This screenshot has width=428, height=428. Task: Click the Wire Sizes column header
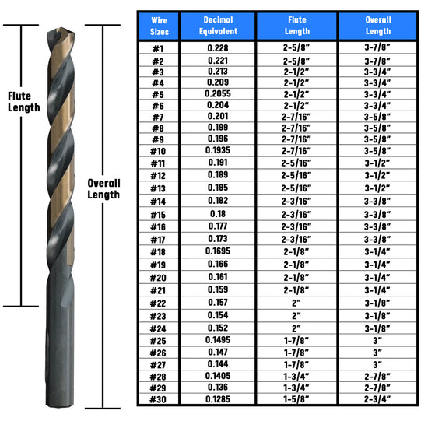click(159, 26)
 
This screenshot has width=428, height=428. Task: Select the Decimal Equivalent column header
click(218, 26)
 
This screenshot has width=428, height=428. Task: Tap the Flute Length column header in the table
click(297, 26)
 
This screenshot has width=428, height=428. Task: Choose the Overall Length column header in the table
click(378, 26)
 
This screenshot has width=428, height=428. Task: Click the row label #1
click(158, 49)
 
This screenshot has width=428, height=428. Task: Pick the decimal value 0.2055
click(218, 94)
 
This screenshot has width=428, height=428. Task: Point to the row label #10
click(158, 151)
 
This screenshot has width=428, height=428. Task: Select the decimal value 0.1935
click(218, 150)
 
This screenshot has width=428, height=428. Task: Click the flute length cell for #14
click(296, 202)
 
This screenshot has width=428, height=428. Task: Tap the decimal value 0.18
click(218, 214)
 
